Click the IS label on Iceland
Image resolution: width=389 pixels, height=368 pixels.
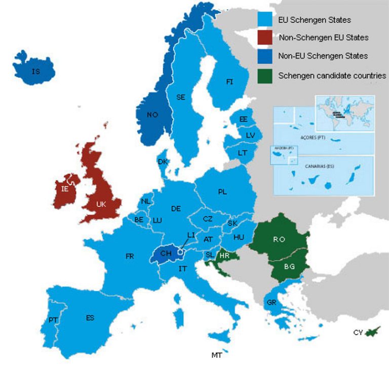point(35,72)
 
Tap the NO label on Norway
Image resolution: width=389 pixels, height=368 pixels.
point(152,115)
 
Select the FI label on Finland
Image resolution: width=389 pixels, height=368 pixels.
point(229,82)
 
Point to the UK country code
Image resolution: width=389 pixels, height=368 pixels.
point(101,204)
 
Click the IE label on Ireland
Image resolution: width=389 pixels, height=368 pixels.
point(65,189)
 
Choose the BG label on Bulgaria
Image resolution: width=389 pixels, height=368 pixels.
point(289,266)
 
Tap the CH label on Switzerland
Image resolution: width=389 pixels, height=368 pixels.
point(166,253)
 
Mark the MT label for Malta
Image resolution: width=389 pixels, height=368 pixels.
point(217,355)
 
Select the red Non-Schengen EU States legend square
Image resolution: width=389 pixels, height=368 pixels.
point(265,37)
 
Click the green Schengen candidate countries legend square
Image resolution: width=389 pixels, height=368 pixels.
point(265,75)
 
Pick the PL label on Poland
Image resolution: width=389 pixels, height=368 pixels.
point(222,192)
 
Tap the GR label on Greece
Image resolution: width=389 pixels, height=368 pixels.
point(270,303)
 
